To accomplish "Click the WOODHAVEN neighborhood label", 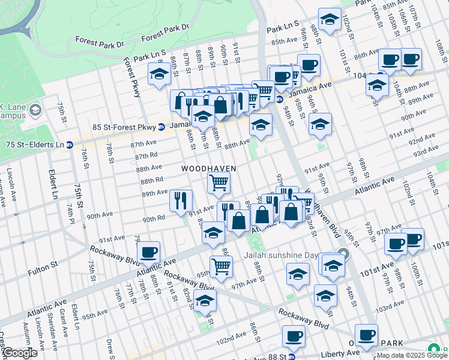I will coord(209,169).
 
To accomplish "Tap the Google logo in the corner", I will coord(19,353).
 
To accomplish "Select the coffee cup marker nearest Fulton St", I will coord(149,252).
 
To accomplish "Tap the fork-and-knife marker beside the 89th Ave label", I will coord(181,200).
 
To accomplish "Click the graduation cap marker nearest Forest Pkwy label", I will coord(159,74).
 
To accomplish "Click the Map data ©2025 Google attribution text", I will coord(411,355).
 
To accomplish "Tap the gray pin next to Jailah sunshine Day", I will coord(343,253).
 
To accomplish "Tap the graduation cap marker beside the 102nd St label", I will coord(330,19).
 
